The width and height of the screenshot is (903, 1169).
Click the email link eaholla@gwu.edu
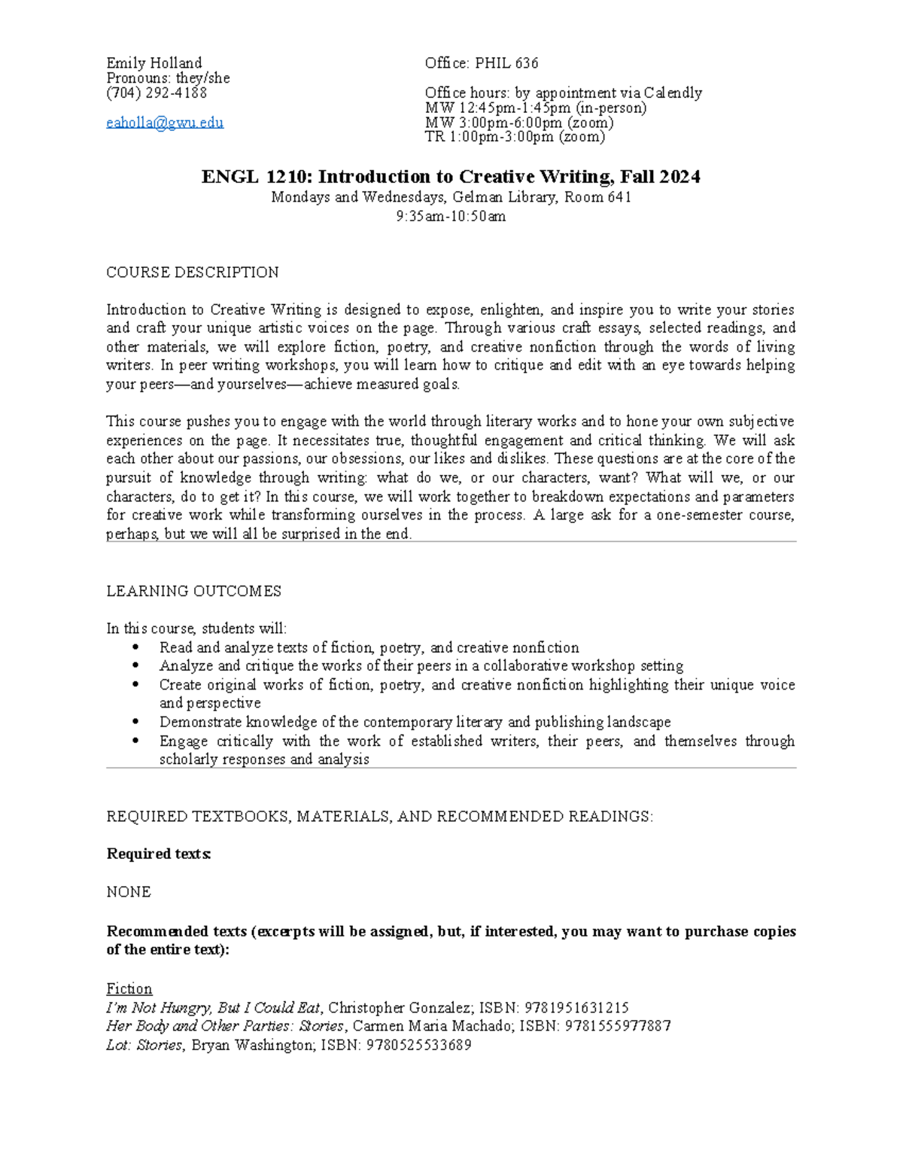tap(165, 123)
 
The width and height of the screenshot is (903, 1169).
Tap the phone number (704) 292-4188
tap(157, 93)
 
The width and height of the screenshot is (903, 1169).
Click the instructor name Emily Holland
tap(154, 62)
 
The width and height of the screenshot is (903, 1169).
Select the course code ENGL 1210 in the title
tap(256, 177)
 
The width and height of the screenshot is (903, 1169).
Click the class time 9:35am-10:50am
tap(451, 216)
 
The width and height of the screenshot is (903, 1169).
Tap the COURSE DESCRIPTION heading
tap(193, 272)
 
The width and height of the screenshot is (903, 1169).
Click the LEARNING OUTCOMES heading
tap(194, 591)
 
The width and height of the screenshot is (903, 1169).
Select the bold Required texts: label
tap(159, 854)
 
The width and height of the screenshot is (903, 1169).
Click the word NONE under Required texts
tap(129, 891)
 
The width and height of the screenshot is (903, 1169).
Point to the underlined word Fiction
tap(129, 988)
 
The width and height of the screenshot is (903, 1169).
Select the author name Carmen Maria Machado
tap(427, 1026)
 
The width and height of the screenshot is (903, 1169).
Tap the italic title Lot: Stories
tap(144, 1045)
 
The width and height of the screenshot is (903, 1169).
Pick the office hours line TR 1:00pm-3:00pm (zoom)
tap(515, 137)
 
